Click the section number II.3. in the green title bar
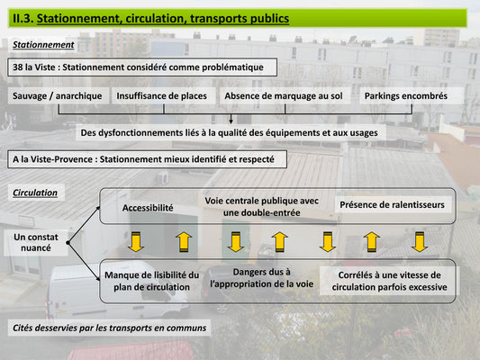[23, 18]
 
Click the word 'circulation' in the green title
[154, 18]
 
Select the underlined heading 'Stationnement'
[43, 45]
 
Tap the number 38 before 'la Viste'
[17, 67]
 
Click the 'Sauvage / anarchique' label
[58, 95]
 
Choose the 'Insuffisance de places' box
[161, 95]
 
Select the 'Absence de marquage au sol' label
[284, 96]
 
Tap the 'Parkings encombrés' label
[406, 95]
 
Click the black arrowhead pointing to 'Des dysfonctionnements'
[231, 121]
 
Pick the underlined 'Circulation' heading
[35, 193]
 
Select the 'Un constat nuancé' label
[36, 242]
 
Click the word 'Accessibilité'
[148, 208]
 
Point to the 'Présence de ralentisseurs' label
[392, 204]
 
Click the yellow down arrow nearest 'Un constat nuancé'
[136, 241]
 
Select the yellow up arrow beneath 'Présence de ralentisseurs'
[372, 241]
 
